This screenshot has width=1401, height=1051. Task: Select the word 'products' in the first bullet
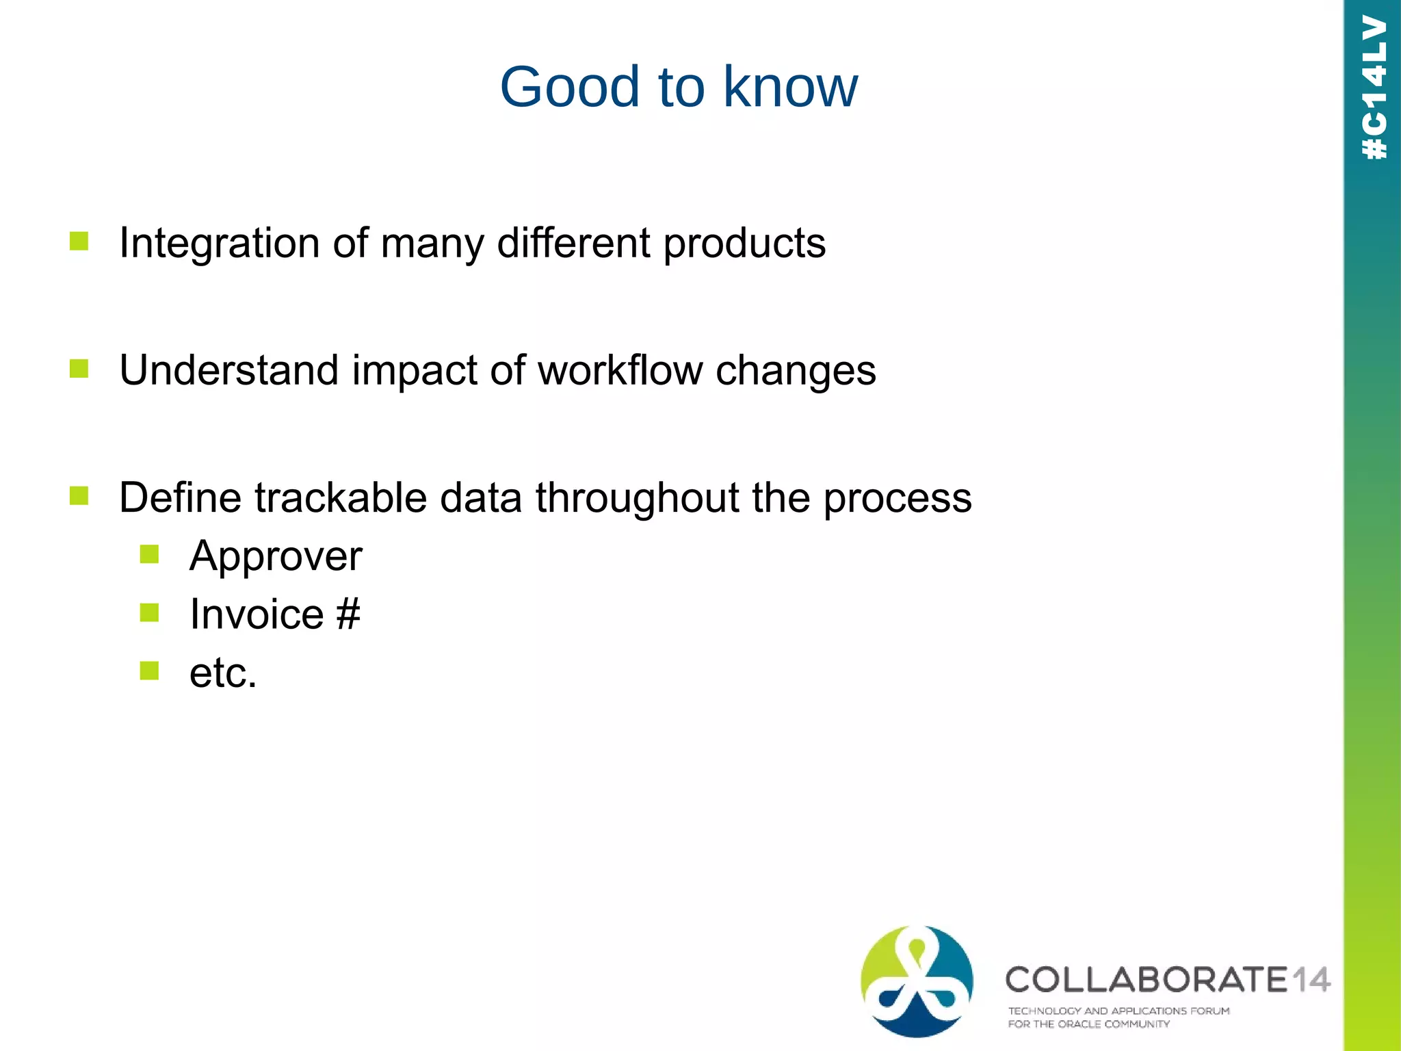click(x=744, y=244)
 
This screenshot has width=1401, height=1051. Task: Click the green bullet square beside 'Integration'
click(x=79, y=241)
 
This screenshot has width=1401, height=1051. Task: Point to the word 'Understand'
click(x=228, y=370)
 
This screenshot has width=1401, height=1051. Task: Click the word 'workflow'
click(x=620, y=370)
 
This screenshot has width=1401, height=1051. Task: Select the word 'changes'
click(x=795, y=372)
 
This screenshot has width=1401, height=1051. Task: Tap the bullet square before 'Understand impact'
click(x=79, y=369)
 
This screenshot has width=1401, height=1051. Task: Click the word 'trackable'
click(x=341, y=497)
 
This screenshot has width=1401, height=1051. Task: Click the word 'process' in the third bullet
click(x=897, y=499)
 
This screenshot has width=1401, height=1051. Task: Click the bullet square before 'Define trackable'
click(x=79, y=495)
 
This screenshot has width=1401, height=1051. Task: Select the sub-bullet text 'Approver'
click(x=276, y=556)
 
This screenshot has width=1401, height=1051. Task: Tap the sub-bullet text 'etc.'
click(x=223, y=673)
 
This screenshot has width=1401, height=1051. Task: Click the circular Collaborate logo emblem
click(x=917, y=981)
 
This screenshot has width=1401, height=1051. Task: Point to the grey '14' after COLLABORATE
click(x=1309, y=980)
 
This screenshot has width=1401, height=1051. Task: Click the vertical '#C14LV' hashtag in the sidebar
click(x=1374, y=88)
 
